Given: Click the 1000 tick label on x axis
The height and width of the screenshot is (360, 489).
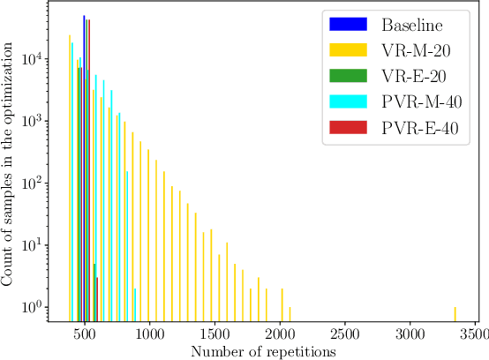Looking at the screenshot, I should (149, 335).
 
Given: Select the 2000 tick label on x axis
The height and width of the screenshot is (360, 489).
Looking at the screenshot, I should (280, 335).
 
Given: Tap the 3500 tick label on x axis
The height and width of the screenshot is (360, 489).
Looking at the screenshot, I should (475, 335).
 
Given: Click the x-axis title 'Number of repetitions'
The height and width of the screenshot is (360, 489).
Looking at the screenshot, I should (262, 351).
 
